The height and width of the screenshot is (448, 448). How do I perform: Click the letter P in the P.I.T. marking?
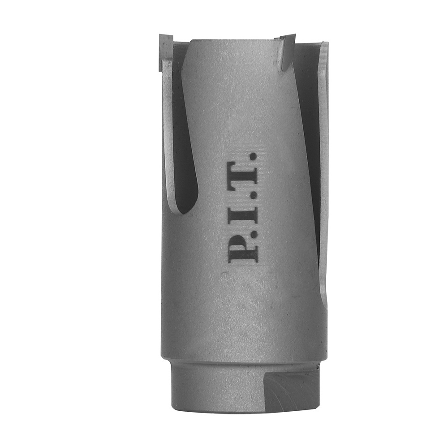click(243, 247)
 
